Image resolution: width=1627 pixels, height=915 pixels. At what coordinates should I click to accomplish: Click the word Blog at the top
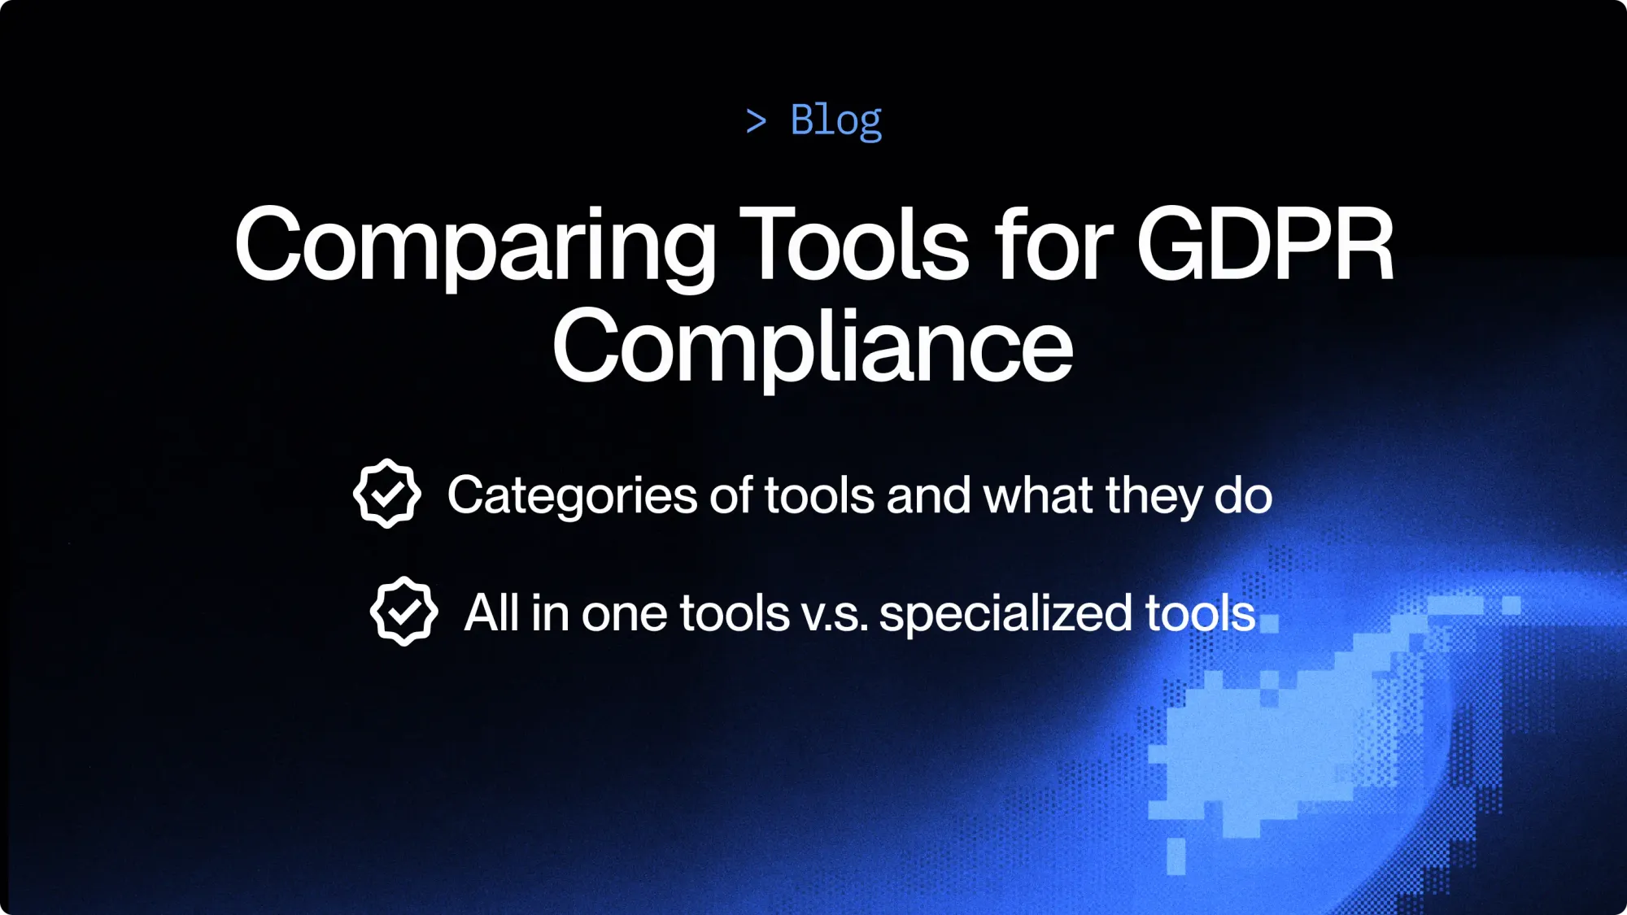835,120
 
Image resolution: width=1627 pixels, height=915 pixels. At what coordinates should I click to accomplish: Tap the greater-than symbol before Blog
756,121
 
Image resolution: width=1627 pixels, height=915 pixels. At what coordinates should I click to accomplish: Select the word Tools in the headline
854,244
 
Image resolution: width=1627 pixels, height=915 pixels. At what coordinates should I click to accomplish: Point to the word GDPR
1265,244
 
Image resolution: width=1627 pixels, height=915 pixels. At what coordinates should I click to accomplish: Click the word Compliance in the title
813,347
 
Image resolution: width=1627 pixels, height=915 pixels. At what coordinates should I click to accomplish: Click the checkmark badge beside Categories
387,493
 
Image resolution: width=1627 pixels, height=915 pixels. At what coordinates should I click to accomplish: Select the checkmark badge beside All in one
403,611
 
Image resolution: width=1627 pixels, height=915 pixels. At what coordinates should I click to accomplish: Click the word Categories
572,495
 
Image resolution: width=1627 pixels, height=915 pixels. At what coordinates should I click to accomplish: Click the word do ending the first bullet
1243,495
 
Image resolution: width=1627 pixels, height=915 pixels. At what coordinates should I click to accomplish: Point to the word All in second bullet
491,612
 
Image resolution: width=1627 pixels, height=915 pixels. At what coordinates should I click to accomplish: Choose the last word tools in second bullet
1200,613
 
